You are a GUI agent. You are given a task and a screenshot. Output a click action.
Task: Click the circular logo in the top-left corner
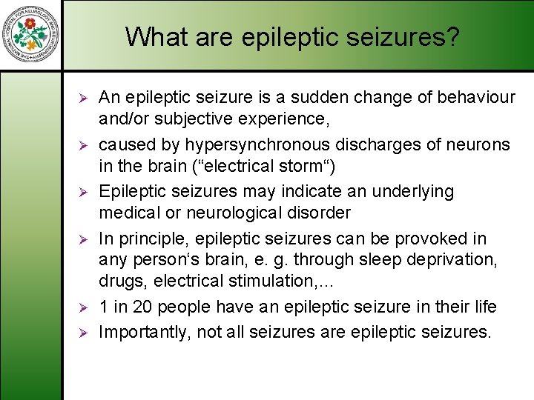click(x=31, y=36)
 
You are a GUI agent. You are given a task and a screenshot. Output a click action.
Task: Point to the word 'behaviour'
click(x=478, y=97)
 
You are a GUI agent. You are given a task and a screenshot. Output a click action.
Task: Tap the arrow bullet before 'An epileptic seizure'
click(x=84, y=98)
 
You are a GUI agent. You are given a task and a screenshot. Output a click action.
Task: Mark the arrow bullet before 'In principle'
click(x=84, y=239)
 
